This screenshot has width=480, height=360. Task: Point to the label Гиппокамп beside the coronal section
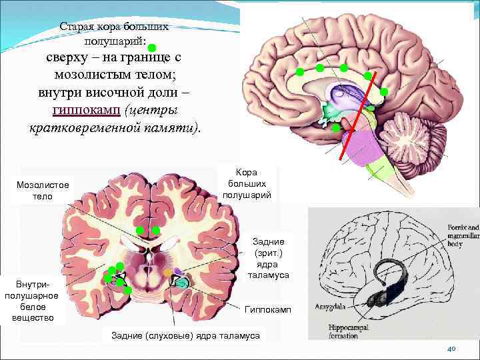(267, 310)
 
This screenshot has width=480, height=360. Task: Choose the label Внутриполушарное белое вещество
(32, 300)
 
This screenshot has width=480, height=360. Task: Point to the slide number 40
(451, 349)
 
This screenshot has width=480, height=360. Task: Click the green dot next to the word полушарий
(152, 47)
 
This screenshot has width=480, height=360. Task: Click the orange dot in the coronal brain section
(167, 272)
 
